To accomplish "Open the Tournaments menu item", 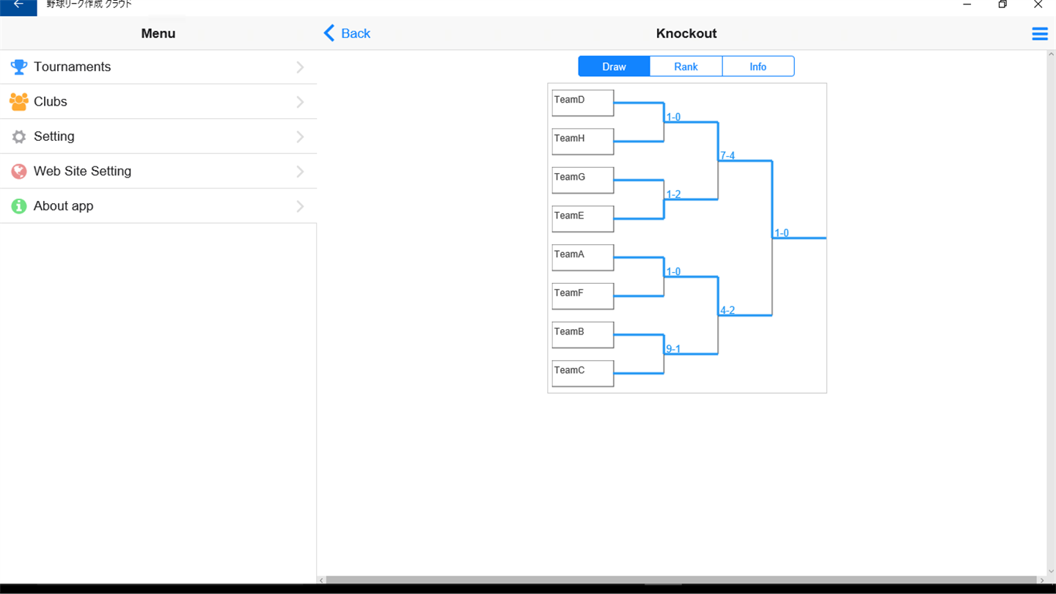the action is [x=158, y=67].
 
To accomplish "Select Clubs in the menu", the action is [x=158, y=102].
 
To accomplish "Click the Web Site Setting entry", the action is [x=158, y=171].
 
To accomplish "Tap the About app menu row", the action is [x=158, y=206].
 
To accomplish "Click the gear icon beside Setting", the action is [x=19, y=136].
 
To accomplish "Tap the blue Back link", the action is [x=347, y=34].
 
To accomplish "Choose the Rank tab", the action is [x=686, y=67].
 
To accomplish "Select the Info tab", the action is [x=758, y=67].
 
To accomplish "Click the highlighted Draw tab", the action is [x=614, y=67].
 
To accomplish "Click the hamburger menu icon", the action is [x=1040, y=34].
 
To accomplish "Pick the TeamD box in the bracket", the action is [x=583, y=103].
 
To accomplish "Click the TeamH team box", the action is [x=583, y=142].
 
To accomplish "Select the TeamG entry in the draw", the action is [x=583, y=180].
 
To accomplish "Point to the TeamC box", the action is [x=583, y=373].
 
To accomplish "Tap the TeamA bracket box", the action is [x=583, y=257].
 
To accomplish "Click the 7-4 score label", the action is [x=727, y=155].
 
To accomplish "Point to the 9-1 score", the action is [x=673, y=349].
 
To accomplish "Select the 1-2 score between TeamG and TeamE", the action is [x=673, y=194].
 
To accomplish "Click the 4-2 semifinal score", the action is [x=727, y=310].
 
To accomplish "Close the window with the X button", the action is [x=1038, y=4].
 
